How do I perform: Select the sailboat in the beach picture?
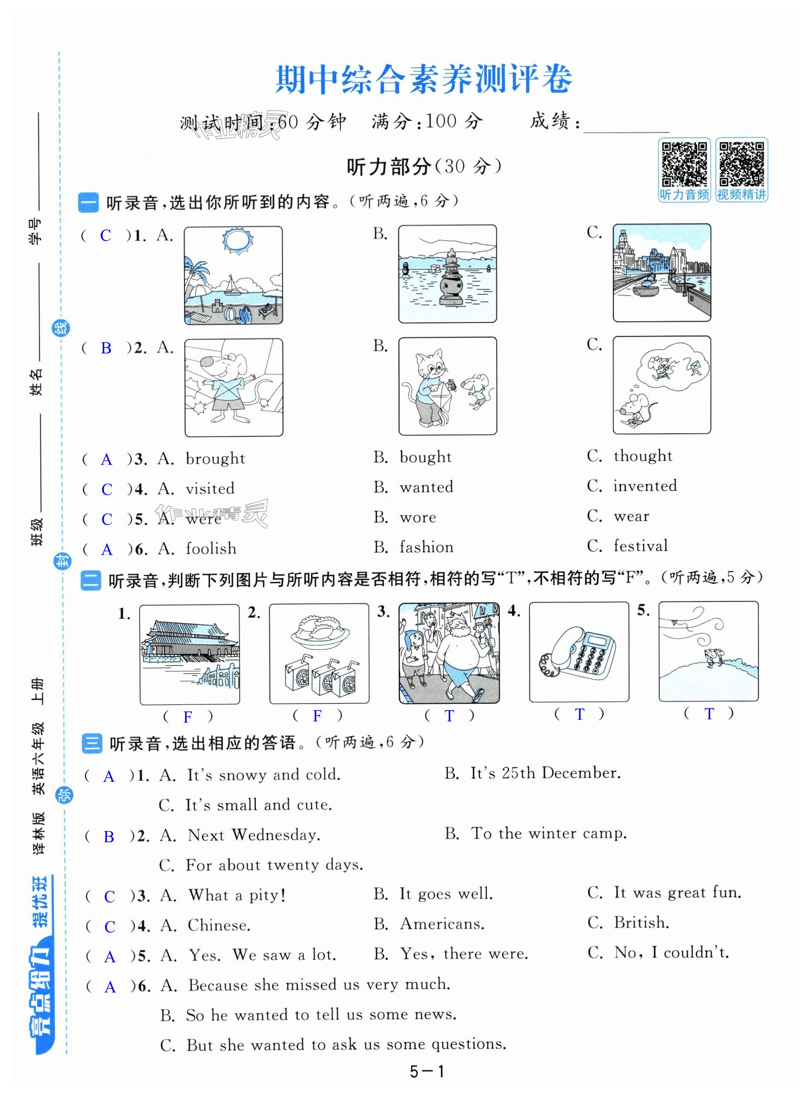pyautogui.click(x=232, y=286)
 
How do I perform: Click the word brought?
pyautogui.click(x=215, y=458)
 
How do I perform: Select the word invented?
pyautogui.click(x=645, y=485)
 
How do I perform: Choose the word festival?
pyautogui.click(x=641, y=545)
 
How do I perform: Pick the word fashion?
pyautogui.click(x=427, y=547)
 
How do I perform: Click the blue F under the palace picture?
pyautogui.click(x=188, y=717)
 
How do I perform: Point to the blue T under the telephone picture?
pyautogui.click(x=579, y=714)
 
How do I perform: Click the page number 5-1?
pyautogui.click(x=427, y=1072)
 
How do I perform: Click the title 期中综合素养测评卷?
pyautogui.click(x=424, y=79)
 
